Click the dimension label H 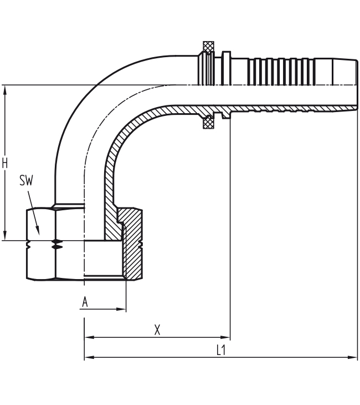click(x=5, y=163)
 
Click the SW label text click(x=25, y=180)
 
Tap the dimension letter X click(x=157, y=330)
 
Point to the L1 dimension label click(x=220, y=350)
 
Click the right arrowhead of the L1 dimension click(x=354, y=357)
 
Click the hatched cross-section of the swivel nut click(x=133, y=244)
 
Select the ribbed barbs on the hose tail click(x=277, y=70)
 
